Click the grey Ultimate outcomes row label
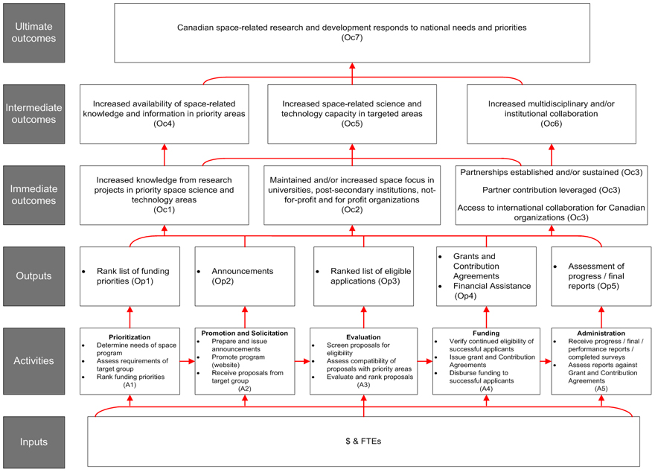pyautogui.click(x=33, y=32)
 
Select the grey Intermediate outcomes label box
pyautogui.click(x=33, y=113)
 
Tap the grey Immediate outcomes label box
pyautogui.click(x=33, y=194)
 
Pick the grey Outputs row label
pyautogui.click(x=33, y=275)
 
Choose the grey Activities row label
pyautogui.click(x=33, y=360)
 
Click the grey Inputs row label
pyautogui.click(x=33, y=441)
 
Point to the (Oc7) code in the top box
pyautogui.click(x=352, y=38)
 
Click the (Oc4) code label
pyautogui.click(x=164, y=124)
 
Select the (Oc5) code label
pyautogui.click(x=352, y=124)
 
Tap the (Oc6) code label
pyautogui.click(x=552, y=124)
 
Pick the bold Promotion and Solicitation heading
pyautogui.click(x=244, y=332)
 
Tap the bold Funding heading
pyautogui.click(x=485, y=333)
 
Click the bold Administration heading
pyautogui.click(x=601, y=333)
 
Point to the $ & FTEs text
pyautogui.click(x=363, y=441)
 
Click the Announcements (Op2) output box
pyautogui.click(x=244, y=276)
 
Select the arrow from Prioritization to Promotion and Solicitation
pyautogui.click(x=187, y=361)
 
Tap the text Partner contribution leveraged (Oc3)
pyautogui.click(x=551, y=190)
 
